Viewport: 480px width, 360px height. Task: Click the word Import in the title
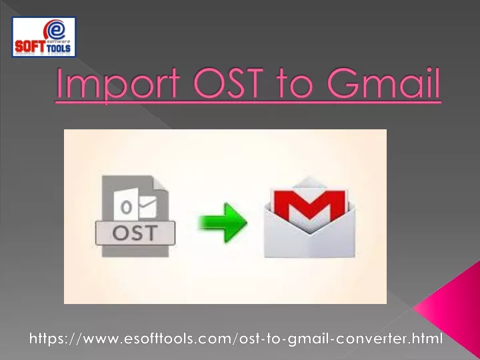[118, 83]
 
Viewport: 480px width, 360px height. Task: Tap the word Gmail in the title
[383, 83]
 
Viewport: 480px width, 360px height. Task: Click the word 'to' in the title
[295, 84]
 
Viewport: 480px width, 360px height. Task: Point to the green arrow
[223, 223]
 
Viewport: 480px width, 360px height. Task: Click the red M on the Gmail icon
[310, 204]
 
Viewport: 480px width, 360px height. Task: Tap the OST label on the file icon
[135, 233]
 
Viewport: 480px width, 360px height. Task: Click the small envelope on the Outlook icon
[148, 207]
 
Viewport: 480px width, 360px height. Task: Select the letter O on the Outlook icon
[126, 207]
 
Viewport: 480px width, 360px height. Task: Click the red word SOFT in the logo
[29, 47]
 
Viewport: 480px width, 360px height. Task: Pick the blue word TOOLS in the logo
[59, 48]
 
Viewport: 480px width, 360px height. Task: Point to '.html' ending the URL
[427, 338]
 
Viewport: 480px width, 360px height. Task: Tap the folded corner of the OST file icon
[161, 183]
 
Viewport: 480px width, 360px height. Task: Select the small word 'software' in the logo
[59, 41]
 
